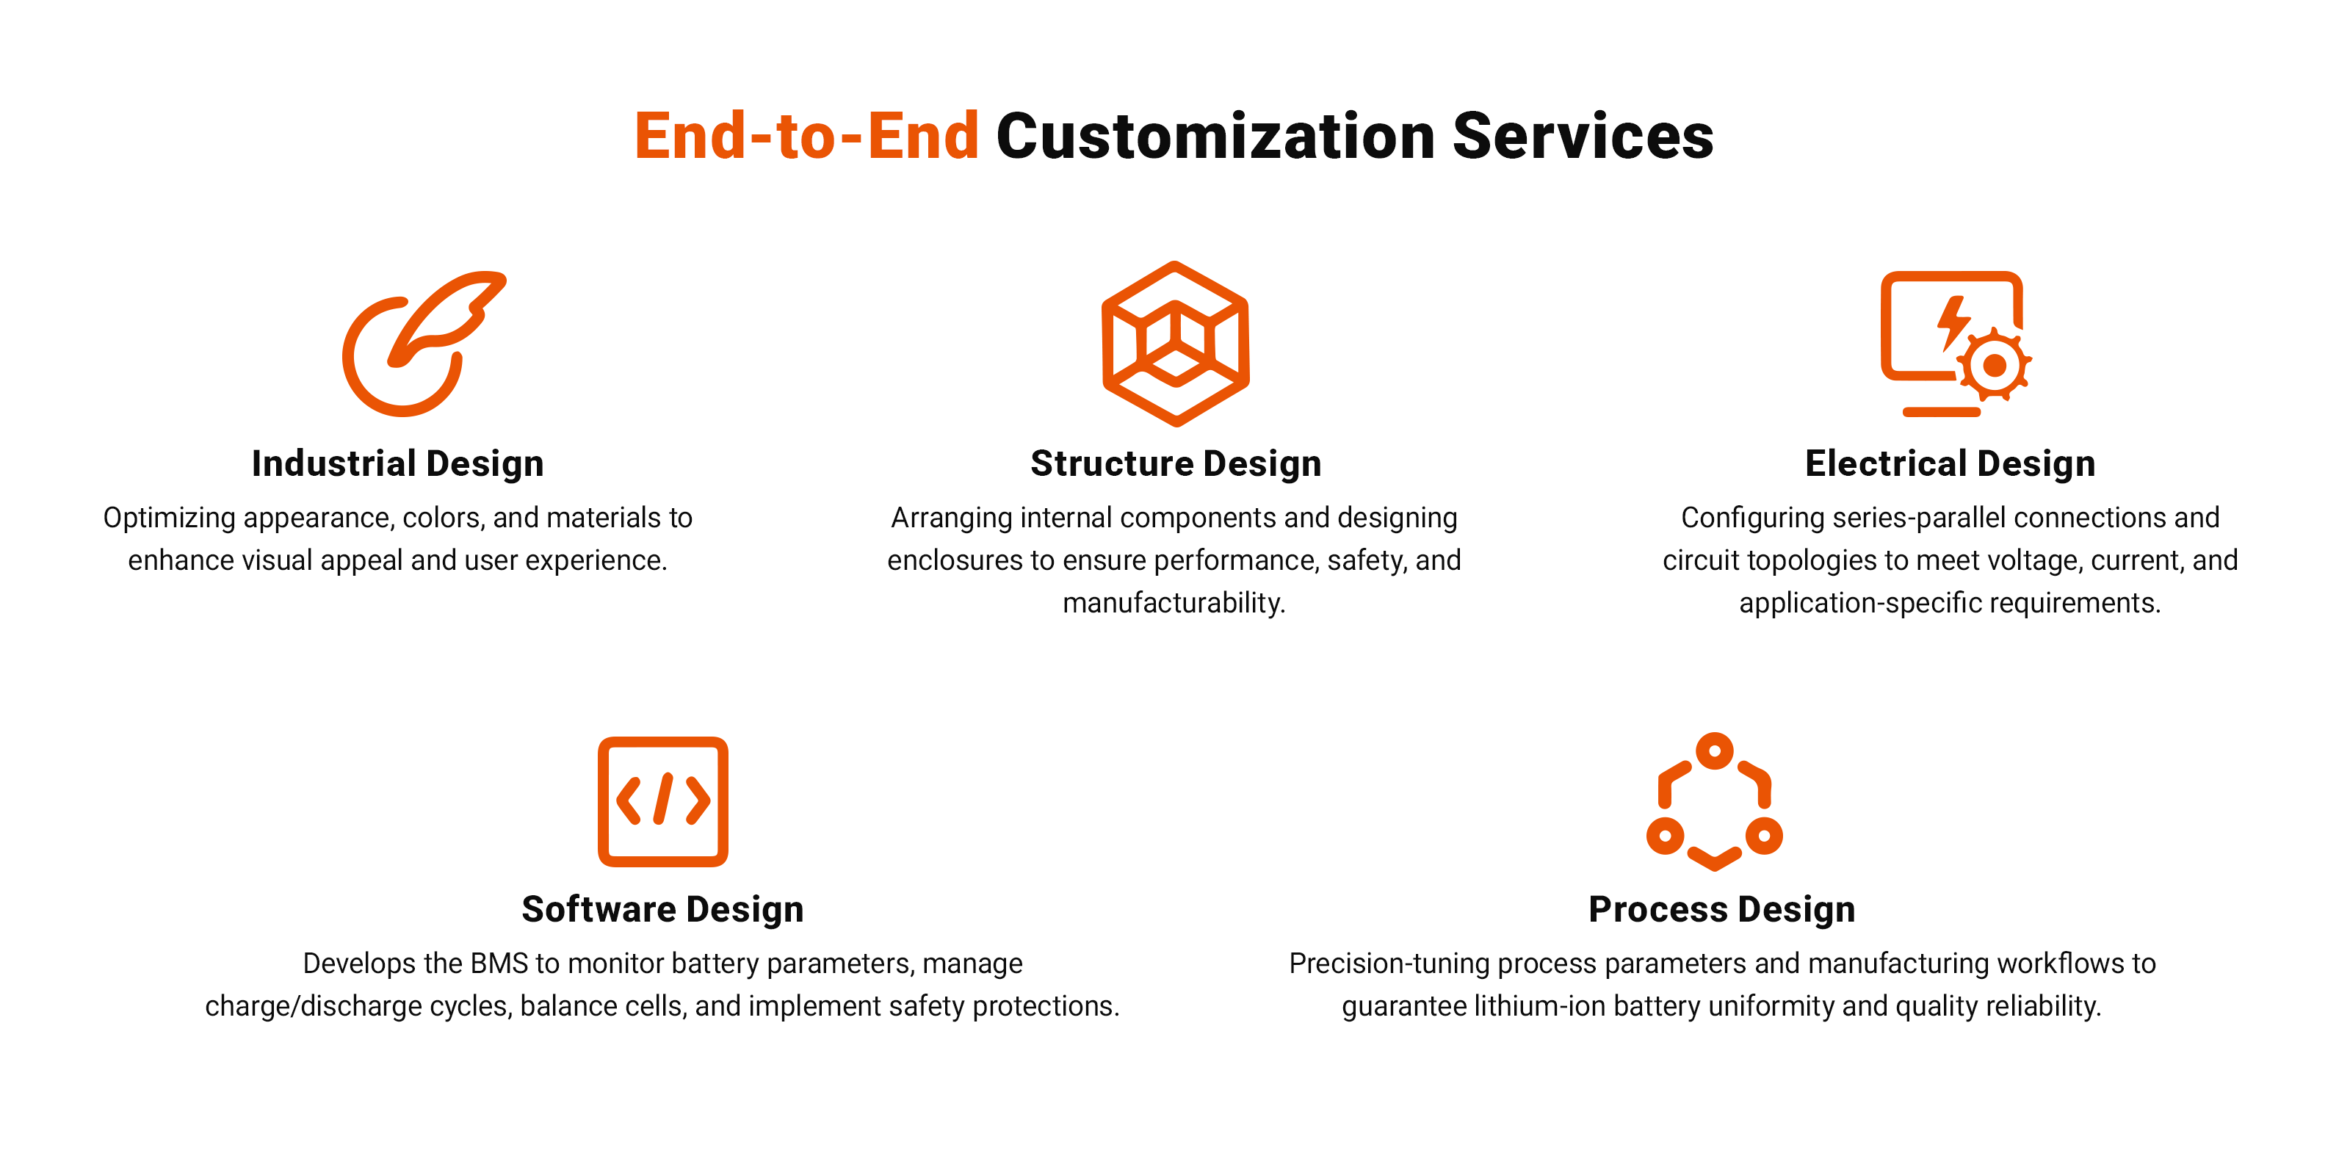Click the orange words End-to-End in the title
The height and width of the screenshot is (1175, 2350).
806,136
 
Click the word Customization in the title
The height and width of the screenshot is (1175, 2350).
1216,136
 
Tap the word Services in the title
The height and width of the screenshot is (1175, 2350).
1583,136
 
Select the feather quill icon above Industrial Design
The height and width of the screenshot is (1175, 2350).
424,343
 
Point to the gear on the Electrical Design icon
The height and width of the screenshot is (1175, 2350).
1995,365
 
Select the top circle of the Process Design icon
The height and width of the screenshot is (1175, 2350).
1715,751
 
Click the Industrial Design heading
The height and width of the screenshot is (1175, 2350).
398,463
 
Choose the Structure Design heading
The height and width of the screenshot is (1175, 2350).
1176,463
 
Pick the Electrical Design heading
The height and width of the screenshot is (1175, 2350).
1950,463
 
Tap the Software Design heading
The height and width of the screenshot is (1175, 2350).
663,910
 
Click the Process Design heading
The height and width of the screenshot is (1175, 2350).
1722,910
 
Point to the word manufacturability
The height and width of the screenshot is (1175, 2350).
1174,603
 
